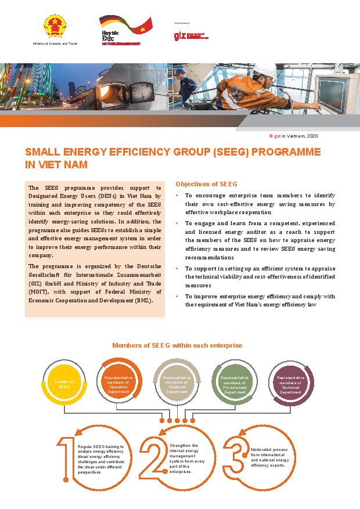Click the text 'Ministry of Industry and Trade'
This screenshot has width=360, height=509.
pyautogui.click(x=55, y=44)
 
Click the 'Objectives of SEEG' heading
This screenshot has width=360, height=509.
pyautogui.click(x=206, y=184)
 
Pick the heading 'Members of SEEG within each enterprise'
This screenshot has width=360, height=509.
pyautogui.click(x=177, y=345)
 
